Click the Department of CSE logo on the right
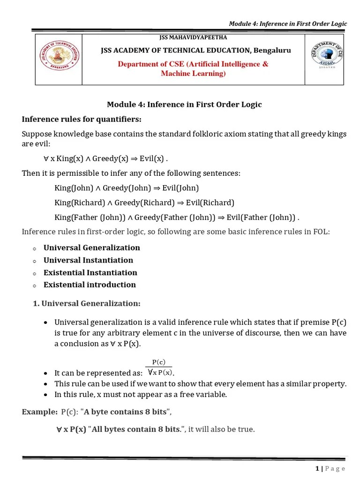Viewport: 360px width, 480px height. pyautogui.click(x=328, y=55)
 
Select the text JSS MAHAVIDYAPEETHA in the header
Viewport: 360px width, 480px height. pyautogui.click(x=194, y=37)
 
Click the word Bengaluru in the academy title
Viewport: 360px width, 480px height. pyautogui.click(x=272, y=50)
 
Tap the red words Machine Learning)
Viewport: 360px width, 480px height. pyautogui.click(x=193, y=74)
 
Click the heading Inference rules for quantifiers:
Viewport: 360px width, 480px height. pyautogui.click(x=82, y=119)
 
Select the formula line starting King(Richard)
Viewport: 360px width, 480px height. pyautogui.click(x=144, y=202)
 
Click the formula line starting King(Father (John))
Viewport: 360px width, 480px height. pyautogui.click(x=177, y=217)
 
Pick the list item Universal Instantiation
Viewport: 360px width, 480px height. pyautogui.click(x=88, y=260)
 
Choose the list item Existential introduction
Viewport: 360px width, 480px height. pyautogui.click(x=90, y=285)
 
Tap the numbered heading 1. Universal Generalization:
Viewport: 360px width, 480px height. pyautogui.click(x=87, y=303)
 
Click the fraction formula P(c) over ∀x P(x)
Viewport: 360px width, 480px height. pyautogui.click(x=159, y=367)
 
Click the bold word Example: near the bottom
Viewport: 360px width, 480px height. pyautogui.click(x=40, y=412)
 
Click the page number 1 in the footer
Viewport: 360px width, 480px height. pyautogui.click(x=317, y=468)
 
